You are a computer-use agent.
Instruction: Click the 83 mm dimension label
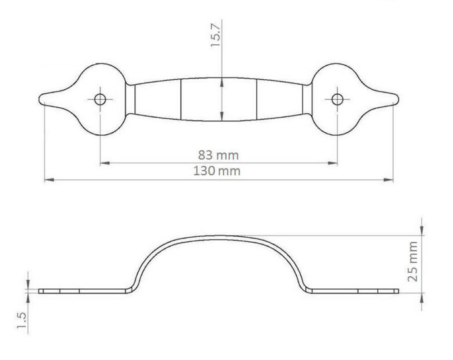point(218,155)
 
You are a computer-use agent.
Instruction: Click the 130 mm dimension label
point(217,171)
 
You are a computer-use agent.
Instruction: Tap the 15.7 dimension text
point(216,35)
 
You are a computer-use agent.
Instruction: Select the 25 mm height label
point(412,261)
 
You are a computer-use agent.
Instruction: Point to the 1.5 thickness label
point(22,320)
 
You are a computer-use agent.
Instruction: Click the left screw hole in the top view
point(100,100)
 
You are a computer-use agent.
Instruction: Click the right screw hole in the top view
point(337,100)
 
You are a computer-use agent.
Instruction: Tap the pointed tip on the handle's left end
point(39,99)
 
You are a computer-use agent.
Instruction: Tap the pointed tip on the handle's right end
point(399,99)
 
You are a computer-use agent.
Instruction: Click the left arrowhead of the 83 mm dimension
point(104,163)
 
